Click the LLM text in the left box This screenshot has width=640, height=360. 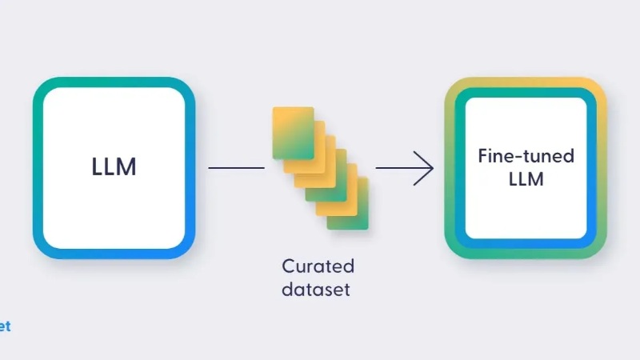[x=114, y=166]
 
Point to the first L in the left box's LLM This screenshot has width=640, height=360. [x=97, y=166]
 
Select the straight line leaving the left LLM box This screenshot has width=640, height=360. [x=236, y=168]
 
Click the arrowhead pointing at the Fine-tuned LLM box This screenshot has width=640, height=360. [x=425, y=168]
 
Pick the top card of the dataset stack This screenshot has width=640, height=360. [x=293, y=133]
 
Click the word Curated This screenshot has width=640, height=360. [x=318, y=266]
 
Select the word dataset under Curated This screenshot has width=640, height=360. [x=316, y=290]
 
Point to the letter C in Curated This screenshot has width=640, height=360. [x=289, y=266]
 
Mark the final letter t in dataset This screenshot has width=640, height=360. [x=346, y=290]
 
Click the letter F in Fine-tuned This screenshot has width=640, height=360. [x=484, y=156]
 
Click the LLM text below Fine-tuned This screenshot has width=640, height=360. [x=526, y=179]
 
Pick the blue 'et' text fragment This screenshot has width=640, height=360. [x=5, y=326]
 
